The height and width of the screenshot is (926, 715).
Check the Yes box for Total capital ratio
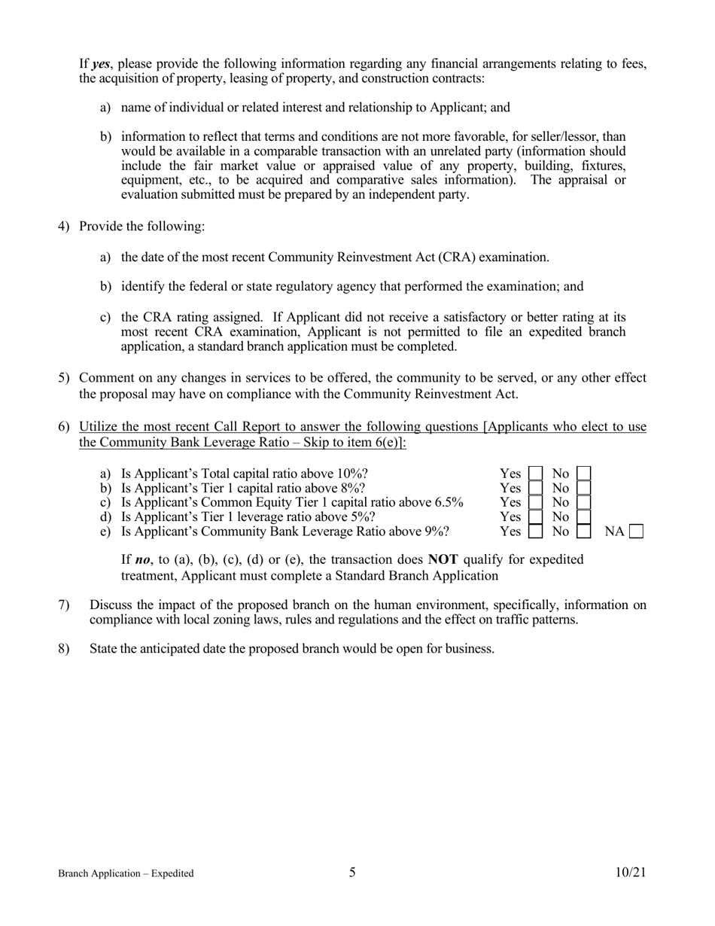pos(535,474)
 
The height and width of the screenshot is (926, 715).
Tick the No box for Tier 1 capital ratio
pos(583,488)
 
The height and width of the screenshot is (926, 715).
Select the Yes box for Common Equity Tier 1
pos(535,502)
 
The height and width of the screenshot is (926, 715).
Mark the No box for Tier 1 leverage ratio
pos(583,516)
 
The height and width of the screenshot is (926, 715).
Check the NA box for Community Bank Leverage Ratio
pos(636,532)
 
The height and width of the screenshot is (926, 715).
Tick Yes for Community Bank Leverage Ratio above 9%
pos(535,532)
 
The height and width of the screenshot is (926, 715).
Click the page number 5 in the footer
pos(352,873)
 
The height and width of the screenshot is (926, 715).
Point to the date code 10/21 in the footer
pos(630,873)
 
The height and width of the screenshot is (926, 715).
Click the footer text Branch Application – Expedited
pos(126,873)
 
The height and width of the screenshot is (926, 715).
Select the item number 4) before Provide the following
pos(64,226)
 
